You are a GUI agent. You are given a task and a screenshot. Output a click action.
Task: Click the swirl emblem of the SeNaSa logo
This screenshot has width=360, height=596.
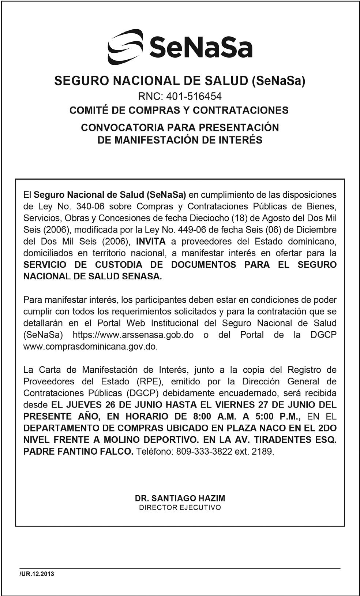coord(125,46)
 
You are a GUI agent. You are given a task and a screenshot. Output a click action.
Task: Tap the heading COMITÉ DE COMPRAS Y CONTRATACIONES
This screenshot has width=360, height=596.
coord(179,110)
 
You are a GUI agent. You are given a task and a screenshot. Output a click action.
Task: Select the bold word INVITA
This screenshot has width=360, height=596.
coord(151,241)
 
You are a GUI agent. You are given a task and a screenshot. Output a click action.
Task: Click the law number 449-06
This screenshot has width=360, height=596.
coord(192,230)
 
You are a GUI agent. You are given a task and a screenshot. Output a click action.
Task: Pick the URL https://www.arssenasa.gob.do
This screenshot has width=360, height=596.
coord(133,335)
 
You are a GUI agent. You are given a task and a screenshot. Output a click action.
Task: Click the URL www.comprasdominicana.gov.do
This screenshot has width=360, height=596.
coord(90,346)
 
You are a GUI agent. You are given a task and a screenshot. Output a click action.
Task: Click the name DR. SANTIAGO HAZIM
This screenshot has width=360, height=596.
coord(180,498)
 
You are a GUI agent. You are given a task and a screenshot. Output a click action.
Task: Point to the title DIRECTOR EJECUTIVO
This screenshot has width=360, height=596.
coord(180,508)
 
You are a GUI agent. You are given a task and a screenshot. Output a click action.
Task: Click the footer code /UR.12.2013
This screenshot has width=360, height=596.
coord(37,574)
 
